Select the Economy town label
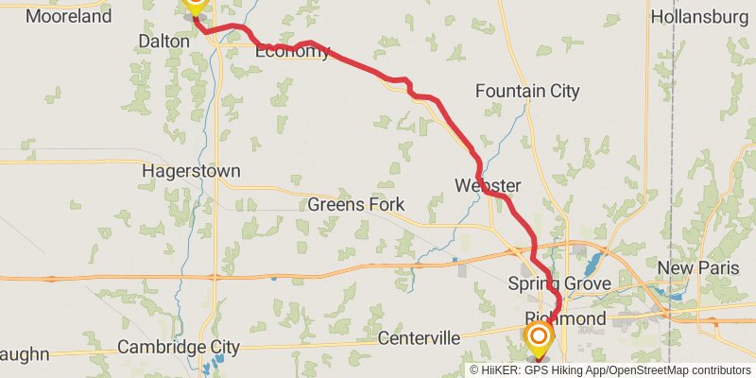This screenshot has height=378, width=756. [292, 52]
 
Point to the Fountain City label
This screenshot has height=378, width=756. [527, 92]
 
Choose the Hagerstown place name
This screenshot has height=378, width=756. [191, 172]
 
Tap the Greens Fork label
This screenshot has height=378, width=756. [356, 204]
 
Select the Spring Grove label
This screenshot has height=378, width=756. [559, 283]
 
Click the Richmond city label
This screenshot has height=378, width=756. [564, 319]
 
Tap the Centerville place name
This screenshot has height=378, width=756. [419, 337]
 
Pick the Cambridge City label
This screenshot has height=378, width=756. [179, 347]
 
